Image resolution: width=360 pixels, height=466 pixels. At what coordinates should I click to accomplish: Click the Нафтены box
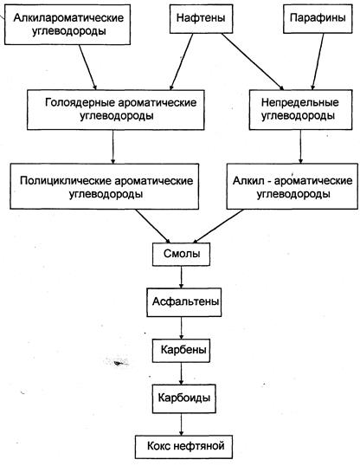coord(201,18)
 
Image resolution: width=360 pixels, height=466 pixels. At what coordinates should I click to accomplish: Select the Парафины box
coord(318,18)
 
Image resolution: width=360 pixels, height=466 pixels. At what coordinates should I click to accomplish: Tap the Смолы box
coord(181,254)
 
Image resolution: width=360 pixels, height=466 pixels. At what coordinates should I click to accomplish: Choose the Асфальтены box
coord(184,302)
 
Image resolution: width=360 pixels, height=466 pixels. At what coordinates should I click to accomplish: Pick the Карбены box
coord(181,351)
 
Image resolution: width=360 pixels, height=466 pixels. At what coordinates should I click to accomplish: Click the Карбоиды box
coord(184,398)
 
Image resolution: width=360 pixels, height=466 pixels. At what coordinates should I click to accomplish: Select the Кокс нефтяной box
coord(183,447)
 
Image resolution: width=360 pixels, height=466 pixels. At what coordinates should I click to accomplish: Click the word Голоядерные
coord(80,103)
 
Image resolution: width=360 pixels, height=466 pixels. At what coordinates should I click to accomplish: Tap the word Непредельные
coord(300,103)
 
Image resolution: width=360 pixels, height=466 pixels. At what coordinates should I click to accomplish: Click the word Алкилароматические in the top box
coord(68,18)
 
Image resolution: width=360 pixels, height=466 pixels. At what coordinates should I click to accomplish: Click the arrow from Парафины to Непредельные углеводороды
coord(318,61)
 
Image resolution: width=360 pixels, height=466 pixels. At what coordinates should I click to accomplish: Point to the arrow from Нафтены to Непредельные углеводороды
coord(253,61)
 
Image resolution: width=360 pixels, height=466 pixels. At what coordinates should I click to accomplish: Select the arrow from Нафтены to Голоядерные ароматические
coord(181,61)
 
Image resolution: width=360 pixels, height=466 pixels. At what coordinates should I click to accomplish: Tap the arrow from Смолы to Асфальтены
coord(181,276)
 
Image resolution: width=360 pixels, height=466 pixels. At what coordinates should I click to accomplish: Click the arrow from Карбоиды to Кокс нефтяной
coord(181,424)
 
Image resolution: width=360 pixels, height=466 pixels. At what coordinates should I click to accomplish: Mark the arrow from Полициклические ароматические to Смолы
coord(153,226)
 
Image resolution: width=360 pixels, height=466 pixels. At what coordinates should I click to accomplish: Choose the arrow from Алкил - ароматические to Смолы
coord(219,226)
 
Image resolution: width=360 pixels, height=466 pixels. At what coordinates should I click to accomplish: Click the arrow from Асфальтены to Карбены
coord(181,327)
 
